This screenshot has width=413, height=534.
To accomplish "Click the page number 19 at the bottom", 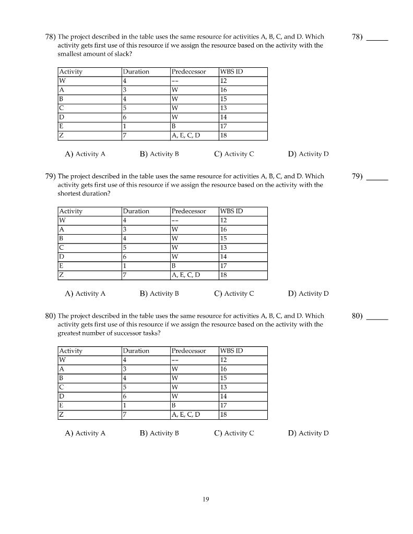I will pos(206,500).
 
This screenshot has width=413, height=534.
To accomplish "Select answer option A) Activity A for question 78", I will pos(85,154).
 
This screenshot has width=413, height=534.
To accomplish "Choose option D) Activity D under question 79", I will pos(308,294).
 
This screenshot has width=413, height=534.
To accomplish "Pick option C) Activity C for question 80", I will pos(234,433).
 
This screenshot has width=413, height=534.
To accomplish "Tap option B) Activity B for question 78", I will pos(159,154).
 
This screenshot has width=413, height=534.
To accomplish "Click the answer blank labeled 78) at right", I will pos(377,38).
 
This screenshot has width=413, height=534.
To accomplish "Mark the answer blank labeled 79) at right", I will pos(377,177).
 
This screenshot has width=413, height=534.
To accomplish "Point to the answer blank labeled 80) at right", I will pos(377,317).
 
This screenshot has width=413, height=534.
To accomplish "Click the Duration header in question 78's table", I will pos(136,72).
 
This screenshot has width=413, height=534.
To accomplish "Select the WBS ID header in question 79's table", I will pos(231,211).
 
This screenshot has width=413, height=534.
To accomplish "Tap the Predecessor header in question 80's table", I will pos(188,351).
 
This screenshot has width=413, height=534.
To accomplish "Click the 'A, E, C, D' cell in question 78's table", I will pos(185,136).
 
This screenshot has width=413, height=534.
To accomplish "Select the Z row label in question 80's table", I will pos(62,415).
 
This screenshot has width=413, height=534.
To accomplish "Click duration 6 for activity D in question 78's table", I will pos(125,117).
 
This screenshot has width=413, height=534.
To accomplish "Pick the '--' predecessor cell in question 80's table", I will pos(175,360).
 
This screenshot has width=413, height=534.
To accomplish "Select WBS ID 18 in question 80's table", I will pos(223,415).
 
